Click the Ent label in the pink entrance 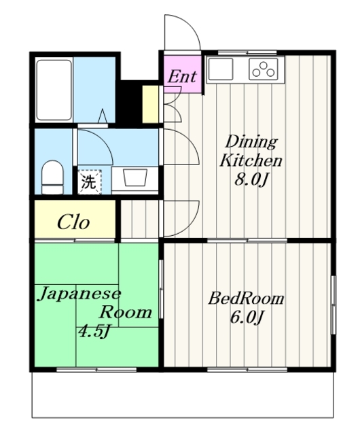coord(182,76)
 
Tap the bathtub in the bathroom coord(54,90)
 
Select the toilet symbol coord(52,177)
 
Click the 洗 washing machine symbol coord(89,181)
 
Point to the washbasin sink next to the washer coord(134,177)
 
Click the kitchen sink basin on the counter coord(221,69)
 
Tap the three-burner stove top coord(264,69)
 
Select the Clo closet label coord(73,222)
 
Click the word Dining coord(251,142)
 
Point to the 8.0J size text coord(251,179)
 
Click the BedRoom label coord(247,298)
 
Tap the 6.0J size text coord(247,317)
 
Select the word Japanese coord(80,294)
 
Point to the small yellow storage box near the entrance coord(150,104)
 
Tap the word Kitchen coord(251,160)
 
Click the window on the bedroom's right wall coord(334,305)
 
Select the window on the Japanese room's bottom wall coord(96,369)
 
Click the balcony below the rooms coord(183,394)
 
